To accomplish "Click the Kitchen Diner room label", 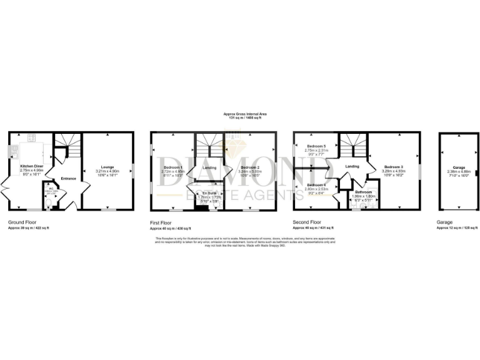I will click(30, 166).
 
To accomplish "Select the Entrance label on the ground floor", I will click(68, 179).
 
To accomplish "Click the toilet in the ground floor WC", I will click(49, 201).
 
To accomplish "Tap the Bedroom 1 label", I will click(173, 167).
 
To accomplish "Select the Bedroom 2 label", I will click(250, 167).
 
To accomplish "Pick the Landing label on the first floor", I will click(210, 167).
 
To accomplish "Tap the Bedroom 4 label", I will click(316, 184).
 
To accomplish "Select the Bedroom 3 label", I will click(394, 167).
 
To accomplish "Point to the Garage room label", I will click(459, 167).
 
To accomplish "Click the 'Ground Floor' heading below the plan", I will click(22, 222).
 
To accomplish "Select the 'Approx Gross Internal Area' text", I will click(246, 113).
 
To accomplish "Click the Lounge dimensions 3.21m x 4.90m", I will click(108, 171).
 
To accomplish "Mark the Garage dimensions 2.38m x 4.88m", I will click(459, 172).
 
